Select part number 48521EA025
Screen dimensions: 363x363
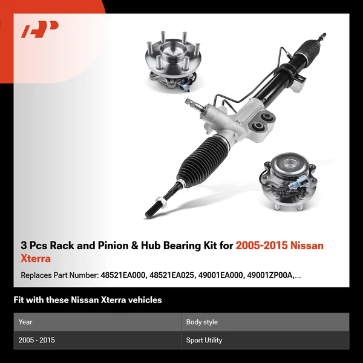coord(175,275)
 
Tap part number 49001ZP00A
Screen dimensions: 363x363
coord(272,275)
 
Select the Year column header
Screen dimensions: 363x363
coord(25,322)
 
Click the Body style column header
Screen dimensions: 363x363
coord(202,322)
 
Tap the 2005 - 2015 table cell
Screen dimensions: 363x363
coord(36,340)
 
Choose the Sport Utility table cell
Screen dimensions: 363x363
coord(204,340)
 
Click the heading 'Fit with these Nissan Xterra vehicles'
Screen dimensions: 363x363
coord(88,300)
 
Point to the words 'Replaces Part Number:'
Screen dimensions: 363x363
coord(59,275)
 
